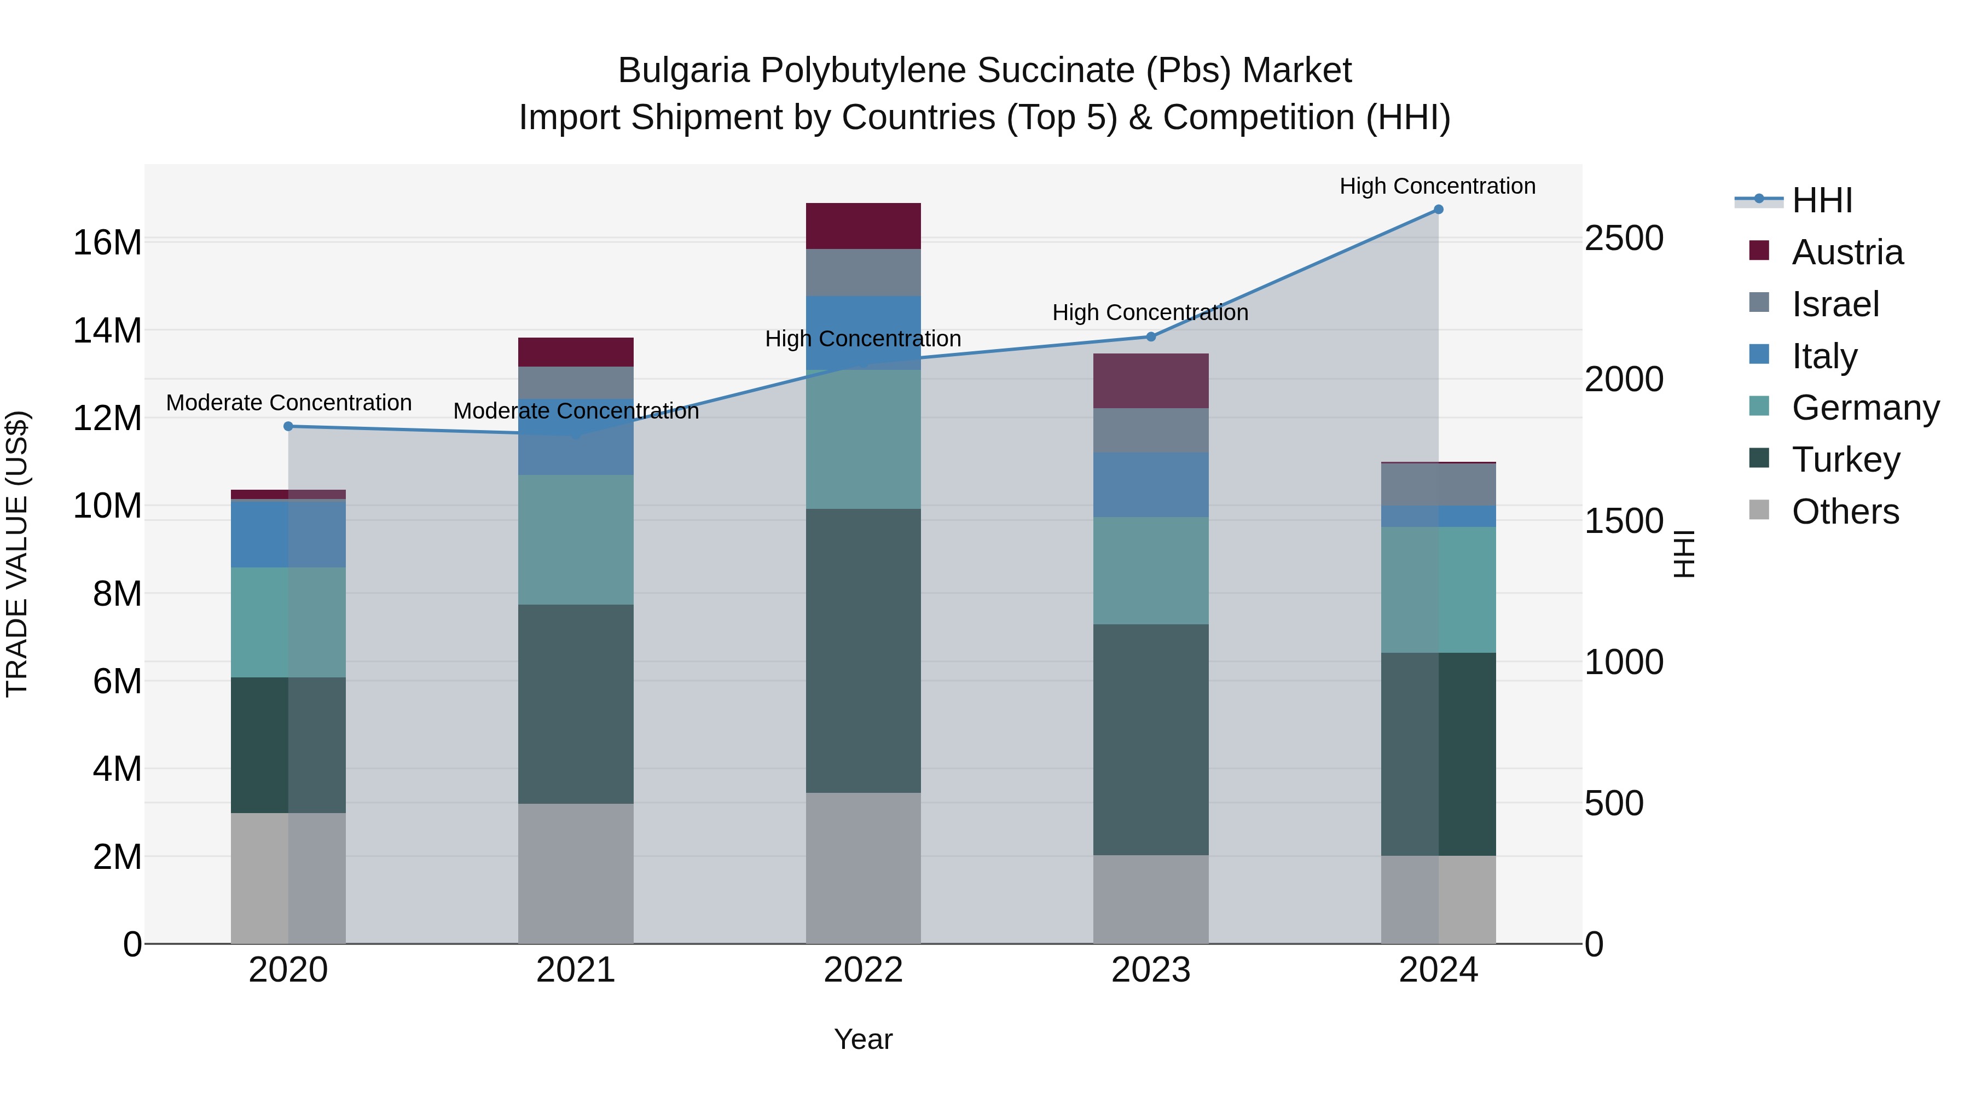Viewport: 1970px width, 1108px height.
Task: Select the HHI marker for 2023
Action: [x=1150, y=337]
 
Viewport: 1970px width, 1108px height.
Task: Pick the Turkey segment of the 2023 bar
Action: [x=1150, y=739]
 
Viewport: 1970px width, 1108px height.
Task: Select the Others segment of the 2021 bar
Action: [x=575, y=873]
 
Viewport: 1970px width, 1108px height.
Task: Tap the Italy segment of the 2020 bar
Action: [x=288, y=533]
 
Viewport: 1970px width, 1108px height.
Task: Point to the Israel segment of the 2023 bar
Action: [x=1150, y=431]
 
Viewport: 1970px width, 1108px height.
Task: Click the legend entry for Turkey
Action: [x=1845, y=460]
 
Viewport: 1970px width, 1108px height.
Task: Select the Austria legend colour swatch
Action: [x=1759, y=251]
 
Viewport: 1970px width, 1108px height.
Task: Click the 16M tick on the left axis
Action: [x=107, y=243]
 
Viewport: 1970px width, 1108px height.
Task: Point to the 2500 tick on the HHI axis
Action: [x=1623, y=239]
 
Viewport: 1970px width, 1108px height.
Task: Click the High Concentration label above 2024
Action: [x=1437, y=186]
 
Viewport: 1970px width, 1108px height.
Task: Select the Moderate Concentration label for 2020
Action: [x=288, y=403]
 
